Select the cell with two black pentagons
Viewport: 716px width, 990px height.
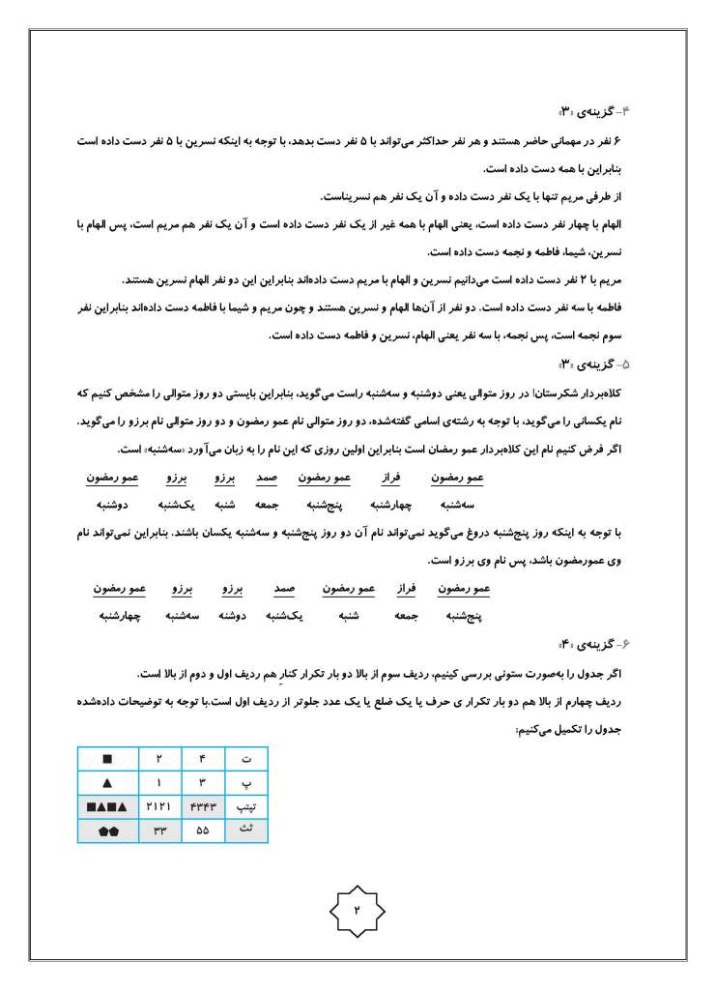(x=107, y=830)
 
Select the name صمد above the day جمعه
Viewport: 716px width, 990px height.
(x=267, y=478)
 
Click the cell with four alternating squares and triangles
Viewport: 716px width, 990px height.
(x=107, y=805)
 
